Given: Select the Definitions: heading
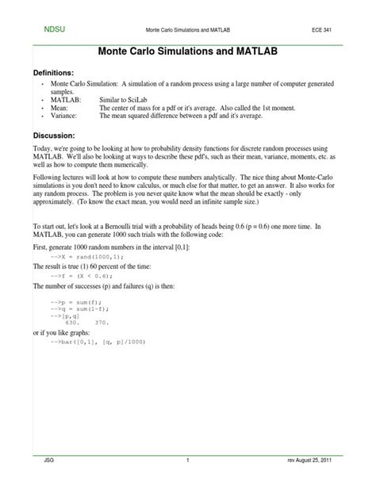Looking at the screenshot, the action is pyautogui.click(x=60, y=72).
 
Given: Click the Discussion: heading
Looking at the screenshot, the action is pyautogui.click(x=58, y=135).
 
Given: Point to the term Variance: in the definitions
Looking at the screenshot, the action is pyautogui.click(x=63, y=116).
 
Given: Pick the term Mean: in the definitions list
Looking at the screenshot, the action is pyautogui.click(x=58, y=106).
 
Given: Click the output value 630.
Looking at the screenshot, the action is pyautogui.click(x=73, y=323).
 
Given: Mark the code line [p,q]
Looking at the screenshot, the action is pyautogui.click(x=74, y=316).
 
